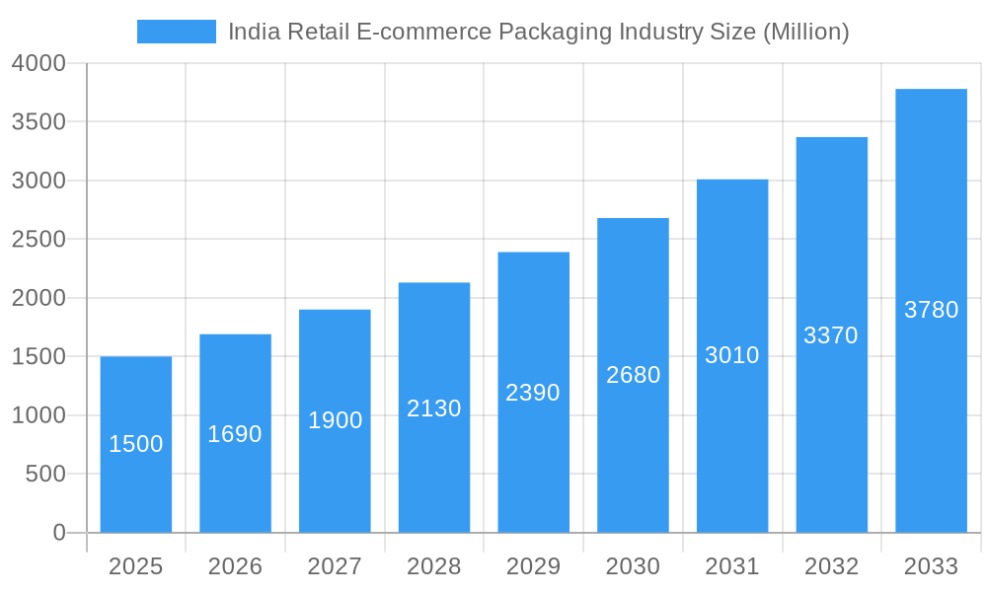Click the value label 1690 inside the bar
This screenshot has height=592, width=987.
[235, 434]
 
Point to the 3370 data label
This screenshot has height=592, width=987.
[831, 335]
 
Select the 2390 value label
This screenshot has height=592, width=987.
[533, 393]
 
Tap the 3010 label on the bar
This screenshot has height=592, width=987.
[732, 355]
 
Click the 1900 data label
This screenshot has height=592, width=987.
[335, 420]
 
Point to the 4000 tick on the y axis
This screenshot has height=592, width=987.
[38, 63]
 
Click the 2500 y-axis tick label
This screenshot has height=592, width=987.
[38, 240]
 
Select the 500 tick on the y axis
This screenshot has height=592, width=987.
[45, 475]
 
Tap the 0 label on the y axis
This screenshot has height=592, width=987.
[58, 533]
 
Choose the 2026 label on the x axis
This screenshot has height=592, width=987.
[235, 566]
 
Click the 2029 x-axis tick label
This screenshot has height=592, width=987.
[533, 566]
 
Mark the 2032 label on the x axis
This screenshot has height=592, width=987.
[831, 566]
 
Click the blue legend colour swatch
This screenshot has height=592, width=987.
[176, 32]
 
